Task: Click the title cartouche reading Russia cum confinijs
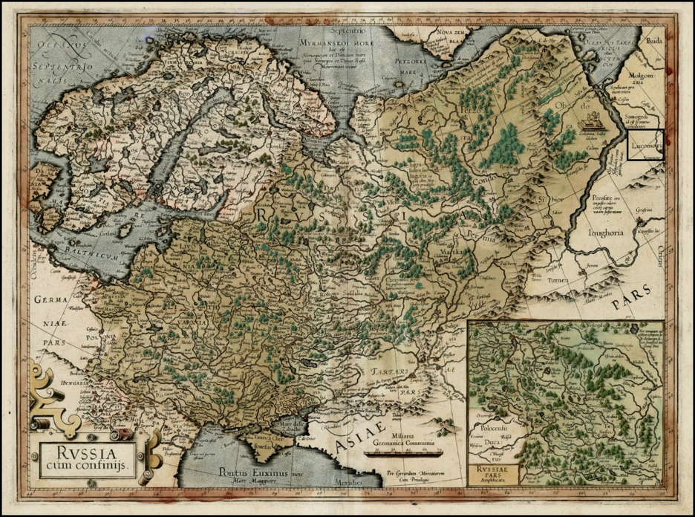click(84, 452)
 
